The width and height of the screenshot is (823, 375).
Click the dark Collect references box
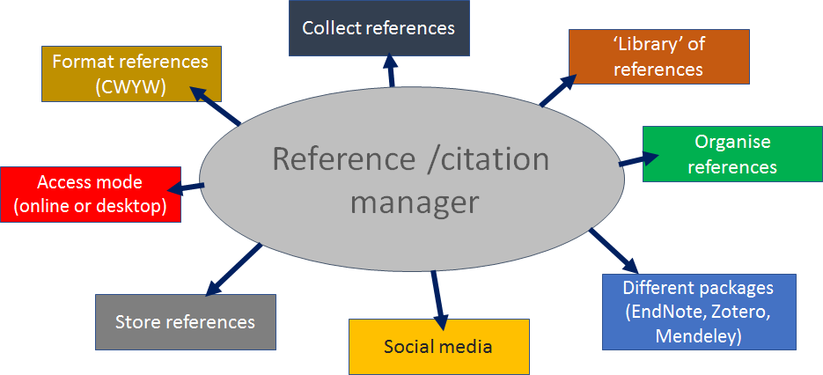(378, 28)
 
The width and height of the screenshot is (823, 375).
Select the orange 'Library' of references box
(658, 56)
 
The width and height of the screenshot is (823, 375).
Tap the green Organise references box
(732, 154)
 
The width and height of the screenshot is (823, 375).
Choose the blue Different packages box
(698, 312)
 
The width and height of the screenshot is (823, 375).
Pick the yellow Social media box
(438, 346)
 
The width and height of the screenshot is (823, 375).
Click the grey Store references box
(185, 321)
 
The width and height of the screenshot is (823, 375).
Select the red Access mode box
(90, 195)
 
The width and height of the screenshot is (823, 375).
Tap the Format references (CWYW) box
(130, 74)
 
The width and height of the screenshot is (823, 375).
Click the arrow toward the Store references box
(232, 269)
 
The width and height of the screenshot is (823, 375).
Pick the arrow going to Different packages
(612, 250)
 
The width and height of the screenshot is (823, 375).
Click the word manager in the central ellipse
(414, 202)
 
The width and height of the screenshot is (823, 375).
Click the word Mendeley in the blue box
(698, 335)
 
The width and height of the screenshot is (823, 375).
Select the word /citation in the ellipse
(485, 159)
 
